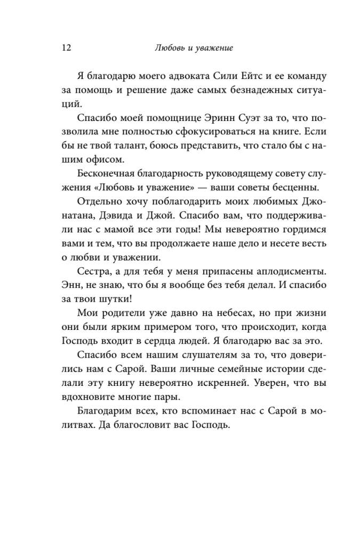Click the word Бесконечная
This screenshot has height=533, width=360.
(x=106, y=174)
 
